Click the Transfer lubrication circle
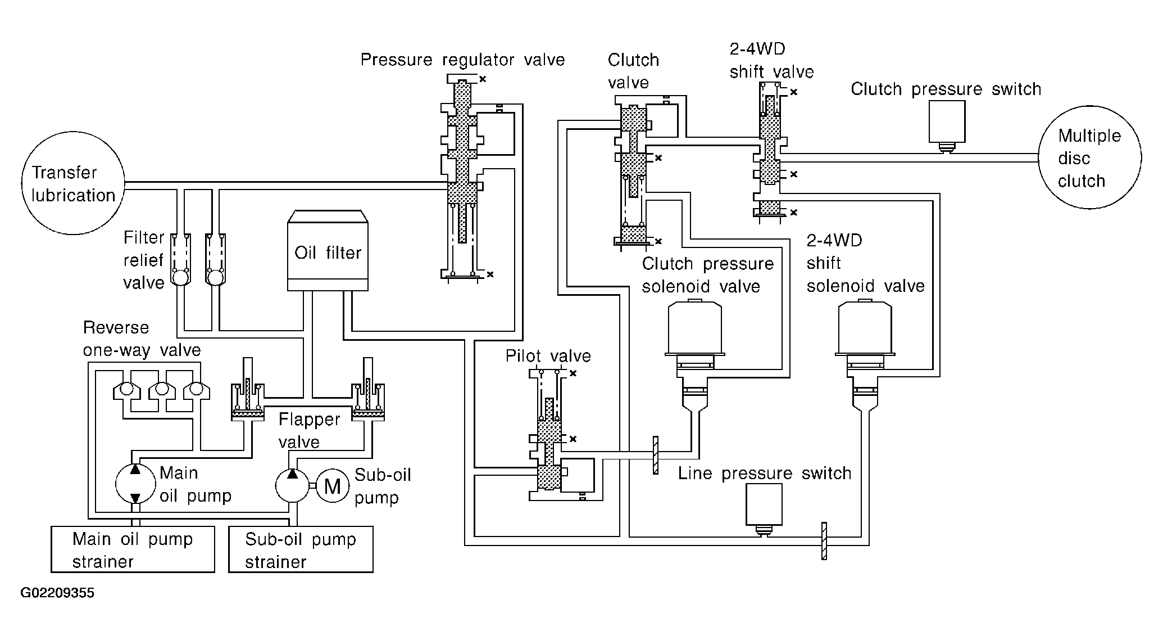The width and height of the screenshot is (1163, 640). pyautogui.click(x=72, y=184)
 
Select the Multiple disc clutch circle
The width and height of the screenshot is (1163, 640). pyautogui.click(x=1089, y=159)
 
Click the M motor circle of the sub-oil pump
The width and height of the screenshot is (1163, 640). pyautogui.click(x=333, y=485)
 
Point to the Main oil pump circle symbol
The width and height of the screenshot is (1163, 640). pyautogui.click(x=135, y=484)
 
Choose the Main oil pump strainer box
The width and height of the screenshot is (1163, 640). pyautogui.click(x=133, y=549)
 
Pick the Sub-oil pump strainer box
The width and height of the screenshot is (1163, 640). pyautogui.click(x=301, y=549)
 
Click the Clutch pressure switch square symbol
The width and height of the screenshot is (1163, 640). pyautogui.click(x=947, y=121)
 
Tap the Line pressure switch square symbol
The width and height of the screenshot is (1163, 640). pyautogui.click(x=764, y=504)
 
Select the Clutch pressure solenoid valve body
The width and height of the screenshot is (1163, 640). pyautogui.click(x=694, y=329)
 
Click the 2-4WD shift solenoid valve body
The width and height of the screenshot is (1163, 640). pyautogui.click(x=865, y=329)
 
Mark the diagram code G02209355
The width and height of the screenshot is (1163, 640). pyautogui.click(x=57, y=593)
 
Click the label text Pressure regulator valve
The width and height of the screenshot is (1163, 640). pyautogui.click(x=462, y=60)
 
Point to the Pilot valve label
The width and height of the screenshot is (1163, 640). pyautogui.click(x=548, y=356)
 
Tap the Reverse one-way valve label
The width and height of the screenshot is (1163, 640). pyautogui.click(x=142, y=339)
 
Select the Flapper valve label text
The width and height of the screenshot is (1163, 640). pyautogui.click(x=309, y=430)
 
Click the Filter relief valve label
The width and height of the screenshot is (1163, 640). pyautogui.click(x=144, y=260)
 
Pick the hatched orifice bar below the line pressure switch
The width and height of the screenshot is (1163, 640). pyautogui.click(x=824, y=541)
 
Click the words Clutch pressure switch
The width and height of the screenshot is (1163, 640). pyautogui.click(x=946, y=89)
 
